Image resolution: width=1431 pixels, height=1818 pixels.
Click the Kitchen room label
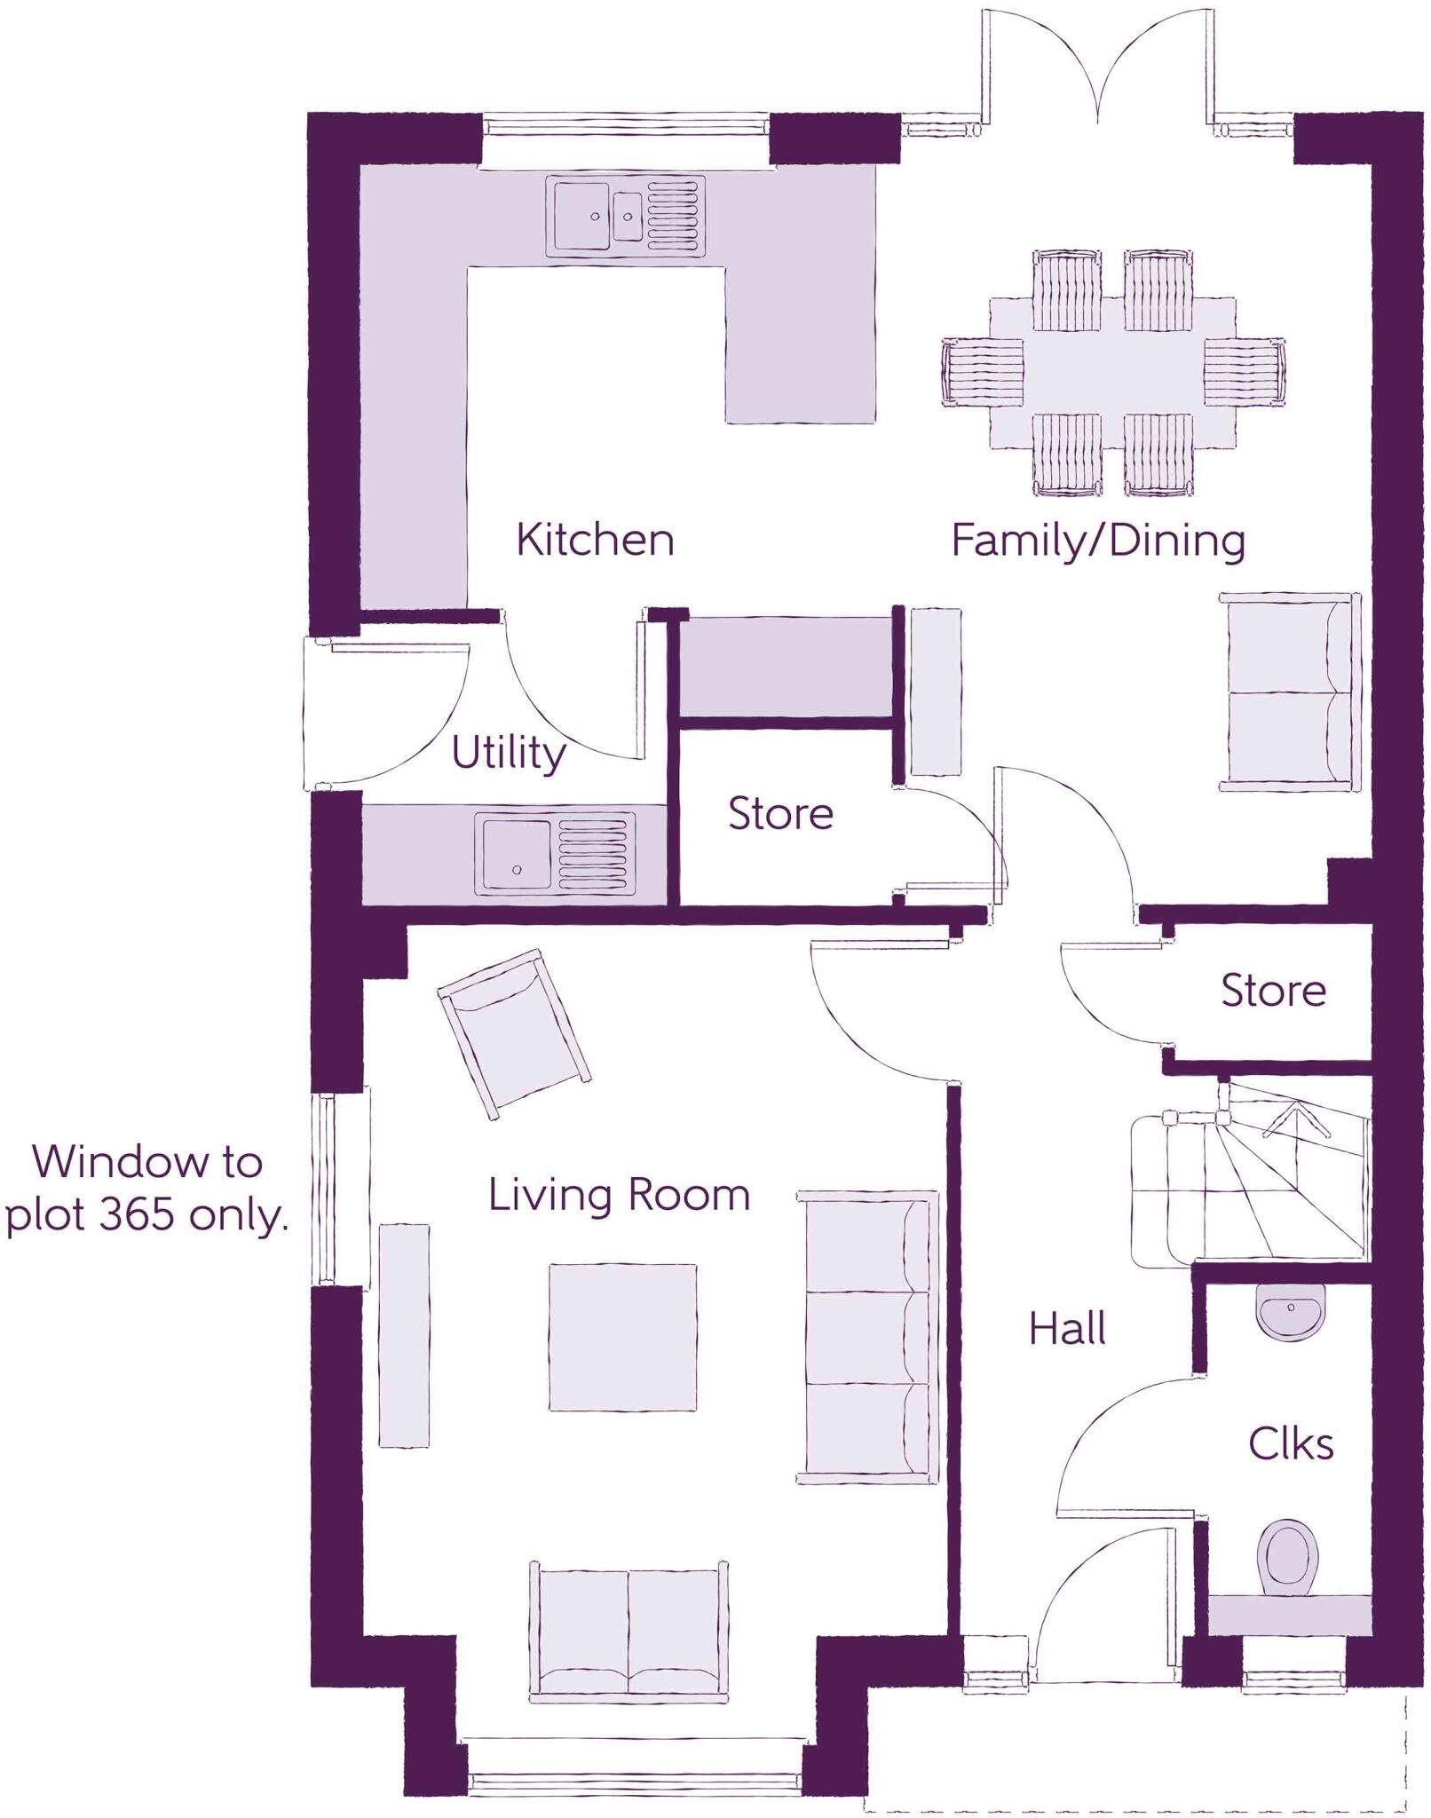click(595, 540)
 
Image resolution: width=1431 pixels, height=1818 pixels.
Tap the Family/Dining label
click(1098, 541)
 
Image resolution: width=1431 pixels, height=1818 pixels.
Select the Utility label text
click(508, 754)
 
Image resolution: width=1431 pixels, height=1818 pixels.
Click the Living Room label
click(619, 1195)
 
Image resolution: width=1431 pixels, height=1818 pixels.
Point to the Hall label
click(1067, 1329)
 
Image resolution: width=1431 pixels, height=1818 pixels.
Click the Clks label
click(1290, 1444)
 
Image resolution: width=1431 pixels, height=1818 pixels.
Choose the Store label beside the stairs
click(1273, 990)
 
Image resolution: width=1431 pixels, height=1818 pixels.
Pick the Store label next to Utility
click(780, 813)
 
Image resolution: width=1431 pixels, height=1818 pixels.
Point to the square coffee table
click(621, 1337)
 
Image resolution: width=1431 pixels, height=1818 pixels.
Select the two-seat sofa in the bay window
click(628, 1632)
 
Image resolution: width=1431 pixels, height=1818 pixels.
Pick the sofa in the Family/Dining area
click(1288, 692)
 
